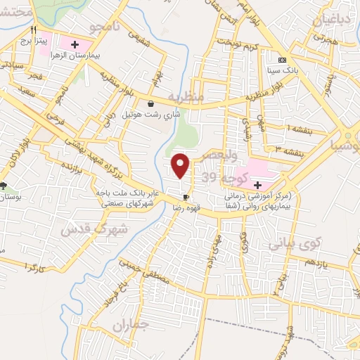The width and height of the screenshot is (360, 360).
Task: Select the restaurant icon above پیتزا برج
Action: (34, 31)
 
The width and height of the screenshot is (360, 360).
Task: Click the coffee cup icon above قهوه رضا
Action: (186, 198)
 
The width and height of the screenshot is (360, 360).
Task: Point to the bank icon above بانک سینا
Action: (283, 60)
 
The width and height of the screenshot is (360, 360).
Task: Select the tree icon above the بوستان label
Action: (4, 186)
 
